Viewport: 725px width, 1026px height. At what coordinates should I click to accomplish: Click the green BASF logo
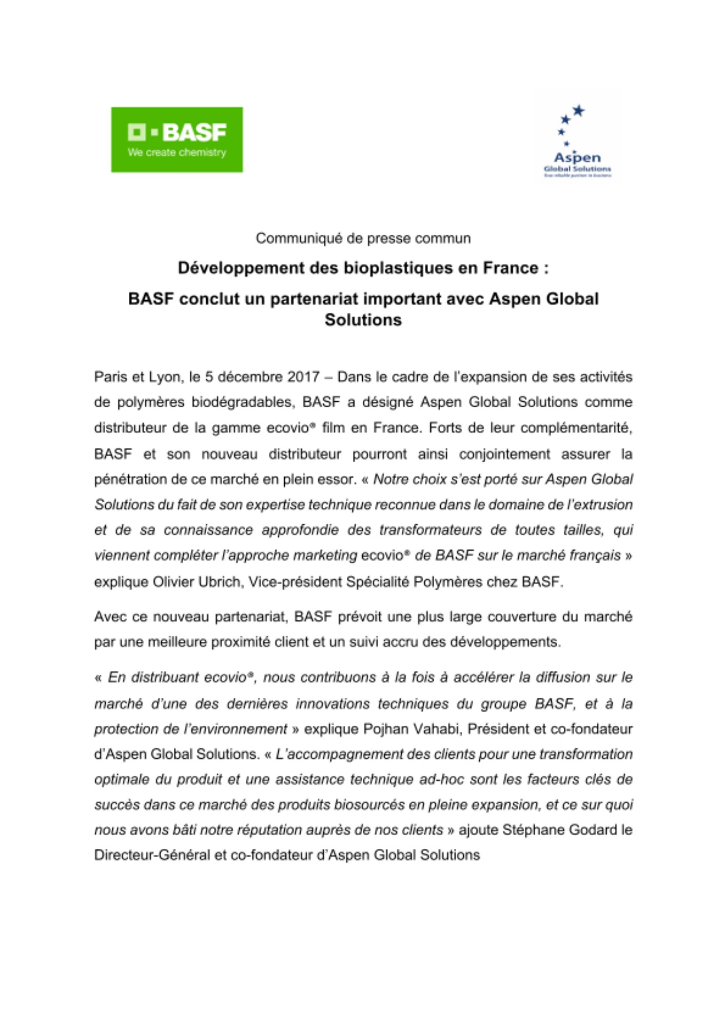177,140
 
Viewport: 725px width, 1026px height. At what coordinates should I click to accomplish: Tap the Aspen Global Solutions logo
577,139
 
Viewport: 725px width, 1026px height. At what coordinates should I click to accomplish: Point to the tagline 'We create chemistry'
177,152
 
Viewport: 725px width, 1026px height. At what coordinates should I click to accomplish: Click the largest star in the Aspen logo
579,110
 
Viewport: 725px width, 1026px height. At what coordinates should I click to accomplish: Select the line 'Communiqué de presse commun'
363,239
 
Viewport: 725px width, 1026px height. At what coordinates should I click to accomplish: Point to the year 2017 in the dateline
304,377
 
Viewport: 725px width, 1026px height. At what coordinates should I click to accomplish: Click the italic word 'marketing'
325,556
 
